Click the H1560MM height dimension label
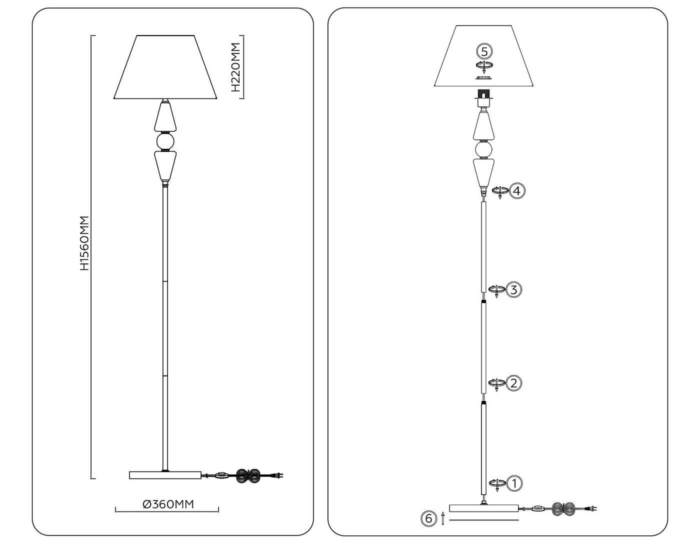click(84, 243)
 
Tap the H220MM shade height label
click(236, 67)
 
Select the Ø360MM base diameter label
click(168, 504)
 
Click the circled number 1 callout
click(514, 483)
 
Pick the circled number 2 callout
click(514, 383)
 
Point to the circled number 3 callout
click(514, 289)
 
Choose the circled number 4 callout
click(517, 190)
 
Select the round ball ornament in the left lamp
click(165, 141)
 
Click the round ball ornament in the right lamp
click(483, 149)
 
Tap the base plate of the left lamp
click(165, 475)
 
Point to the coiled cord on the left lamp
click(247, 475)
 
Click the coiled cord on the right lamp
click(565, 509)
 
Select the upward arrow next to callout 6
click(443, 518)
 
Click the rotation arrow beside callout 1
click(496, 483)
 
